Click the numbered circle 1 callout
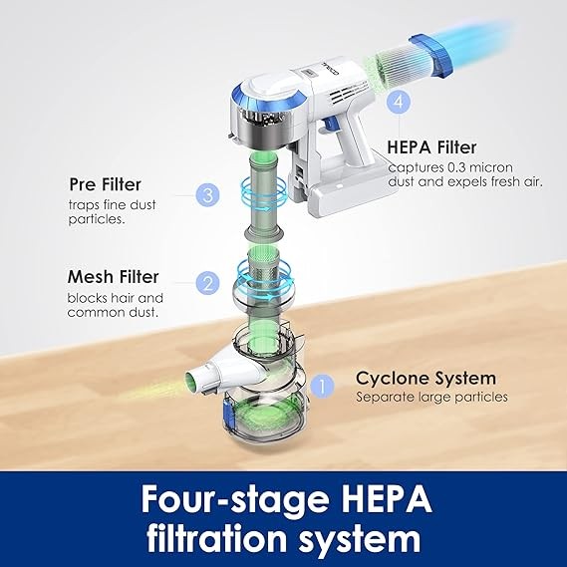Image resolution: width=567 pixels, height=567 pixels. [322, 386]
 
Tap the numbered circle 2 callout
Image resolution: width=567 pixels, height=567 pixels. [207, 283]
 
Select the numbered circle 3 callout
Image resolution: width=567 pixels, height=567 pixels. [207, 195]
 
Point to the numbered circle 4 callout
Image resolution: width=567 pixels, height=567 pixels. [399, 102]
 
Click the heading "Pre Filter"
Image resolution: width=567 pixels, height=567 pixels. [105, 184]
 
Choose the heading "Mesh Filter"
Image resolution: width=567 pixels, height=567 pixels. [114, 277]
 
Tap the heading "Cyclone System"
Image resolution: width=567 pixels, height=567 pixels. [425, 379]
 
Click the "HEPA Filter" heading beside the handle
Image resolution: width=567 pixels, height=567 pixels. [431, 147]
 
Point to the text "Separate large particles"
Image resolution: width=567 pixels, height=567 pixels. [431, 397]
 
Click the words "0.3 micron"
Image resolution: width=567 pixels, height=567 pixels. [480, 167]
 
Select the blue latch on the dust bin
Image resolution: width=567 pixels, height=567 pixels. [227, 415]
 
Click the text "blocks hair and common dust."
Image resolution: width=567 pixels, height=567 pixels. [115, 305]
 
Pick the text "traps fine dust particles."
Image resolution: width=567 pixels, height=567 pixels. [112, 212]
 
